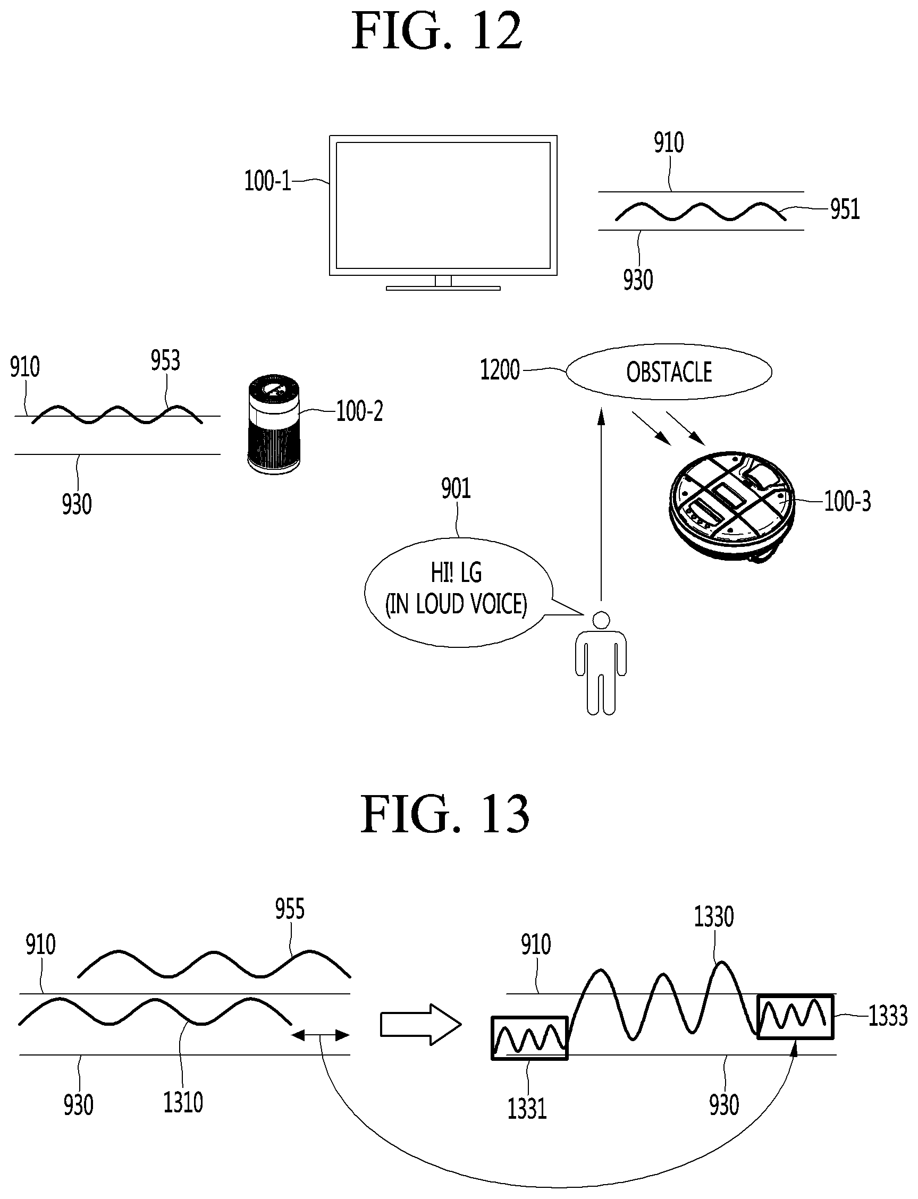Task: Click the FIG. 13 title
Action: pyautogui.click(x=445, y=814)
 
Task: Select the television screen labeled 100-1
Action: pyautogui.click(x=443, y=205)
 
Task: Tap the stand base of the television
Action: pyautogui.click(x=443, y=288)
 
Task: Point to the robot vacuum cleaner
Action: pyautogui.click(x=731, y=505)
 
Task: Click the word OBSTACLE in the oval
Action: pyautogui.click(x=669, y=373)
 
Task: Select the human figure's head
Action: pyautogui.click(x=601, y=620)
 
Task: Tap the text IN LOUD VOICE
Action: pyautogui.click(x=456, y=605)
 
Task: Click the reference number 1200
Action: pyautogui.click(x=500, y=370)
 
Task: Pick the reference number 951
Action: pyautogui.click(x=845, y=209)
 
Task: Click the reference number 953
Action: pyautogui.click(x=165, y=360)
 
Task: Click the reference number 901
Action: pyautogui.click(x=456, y=488)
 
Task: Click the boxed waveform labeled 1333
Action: pyautogui.click(x=795, y=1017)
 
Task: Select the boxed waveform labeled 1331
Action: pyautogui.click(x=529, y=1038)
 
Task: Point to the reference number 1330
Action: pyautogui.click(x=714, y=917)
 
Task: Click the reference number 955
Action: pyautogui.click(x=290, y=909)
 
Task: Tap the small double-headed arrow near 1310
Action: pyautogui.click(x=320, y=1035)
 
